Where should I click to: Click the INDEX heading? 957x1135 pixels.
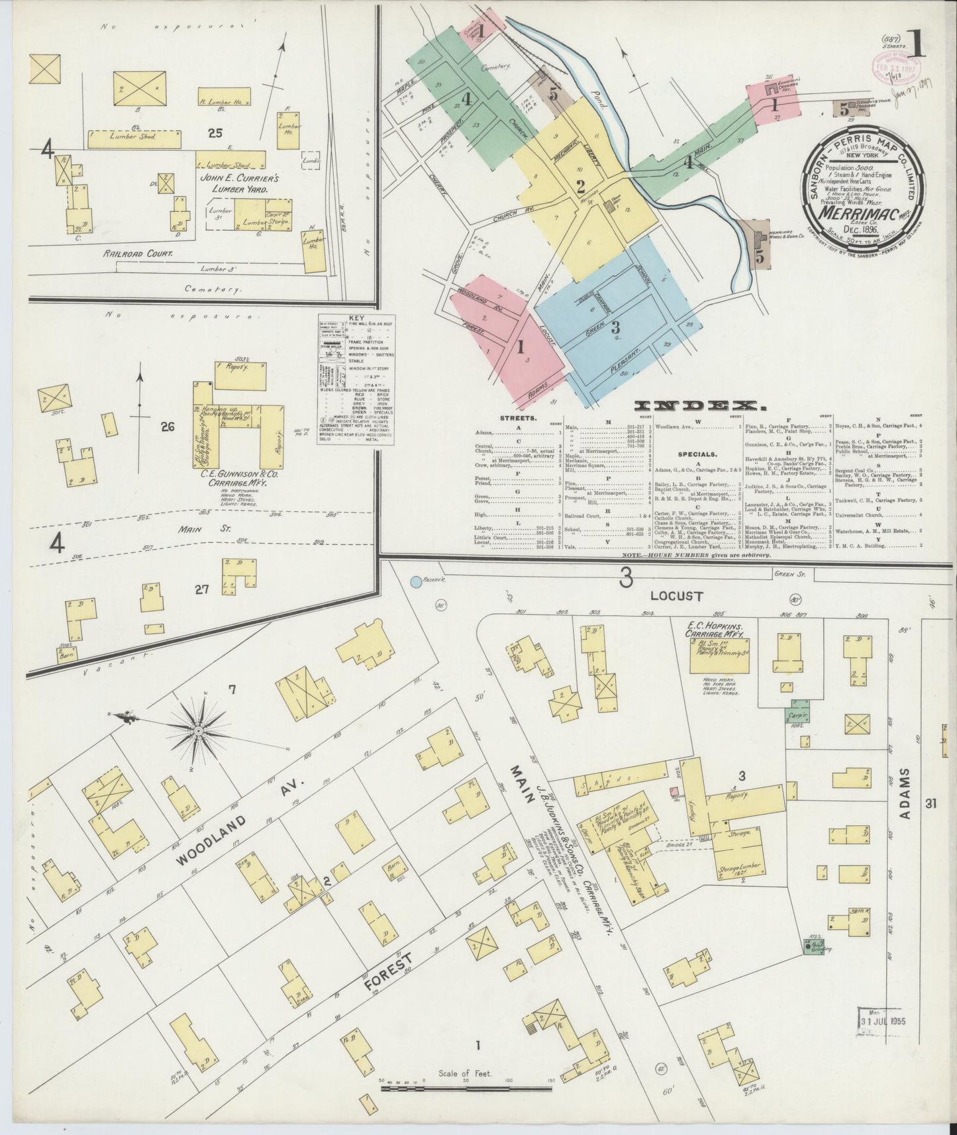696,405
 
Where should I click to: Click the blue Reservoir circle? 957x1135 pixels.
416,582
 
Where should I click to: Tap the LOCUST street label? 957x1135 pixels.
676,596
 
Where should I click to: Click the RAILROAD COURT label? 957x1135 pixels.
138,253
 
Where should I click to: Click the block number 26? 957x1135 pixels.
167,427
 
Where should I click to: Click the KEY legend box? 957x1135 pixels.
356,379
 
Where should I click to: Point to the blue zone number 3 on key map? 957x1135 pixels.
615,326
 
